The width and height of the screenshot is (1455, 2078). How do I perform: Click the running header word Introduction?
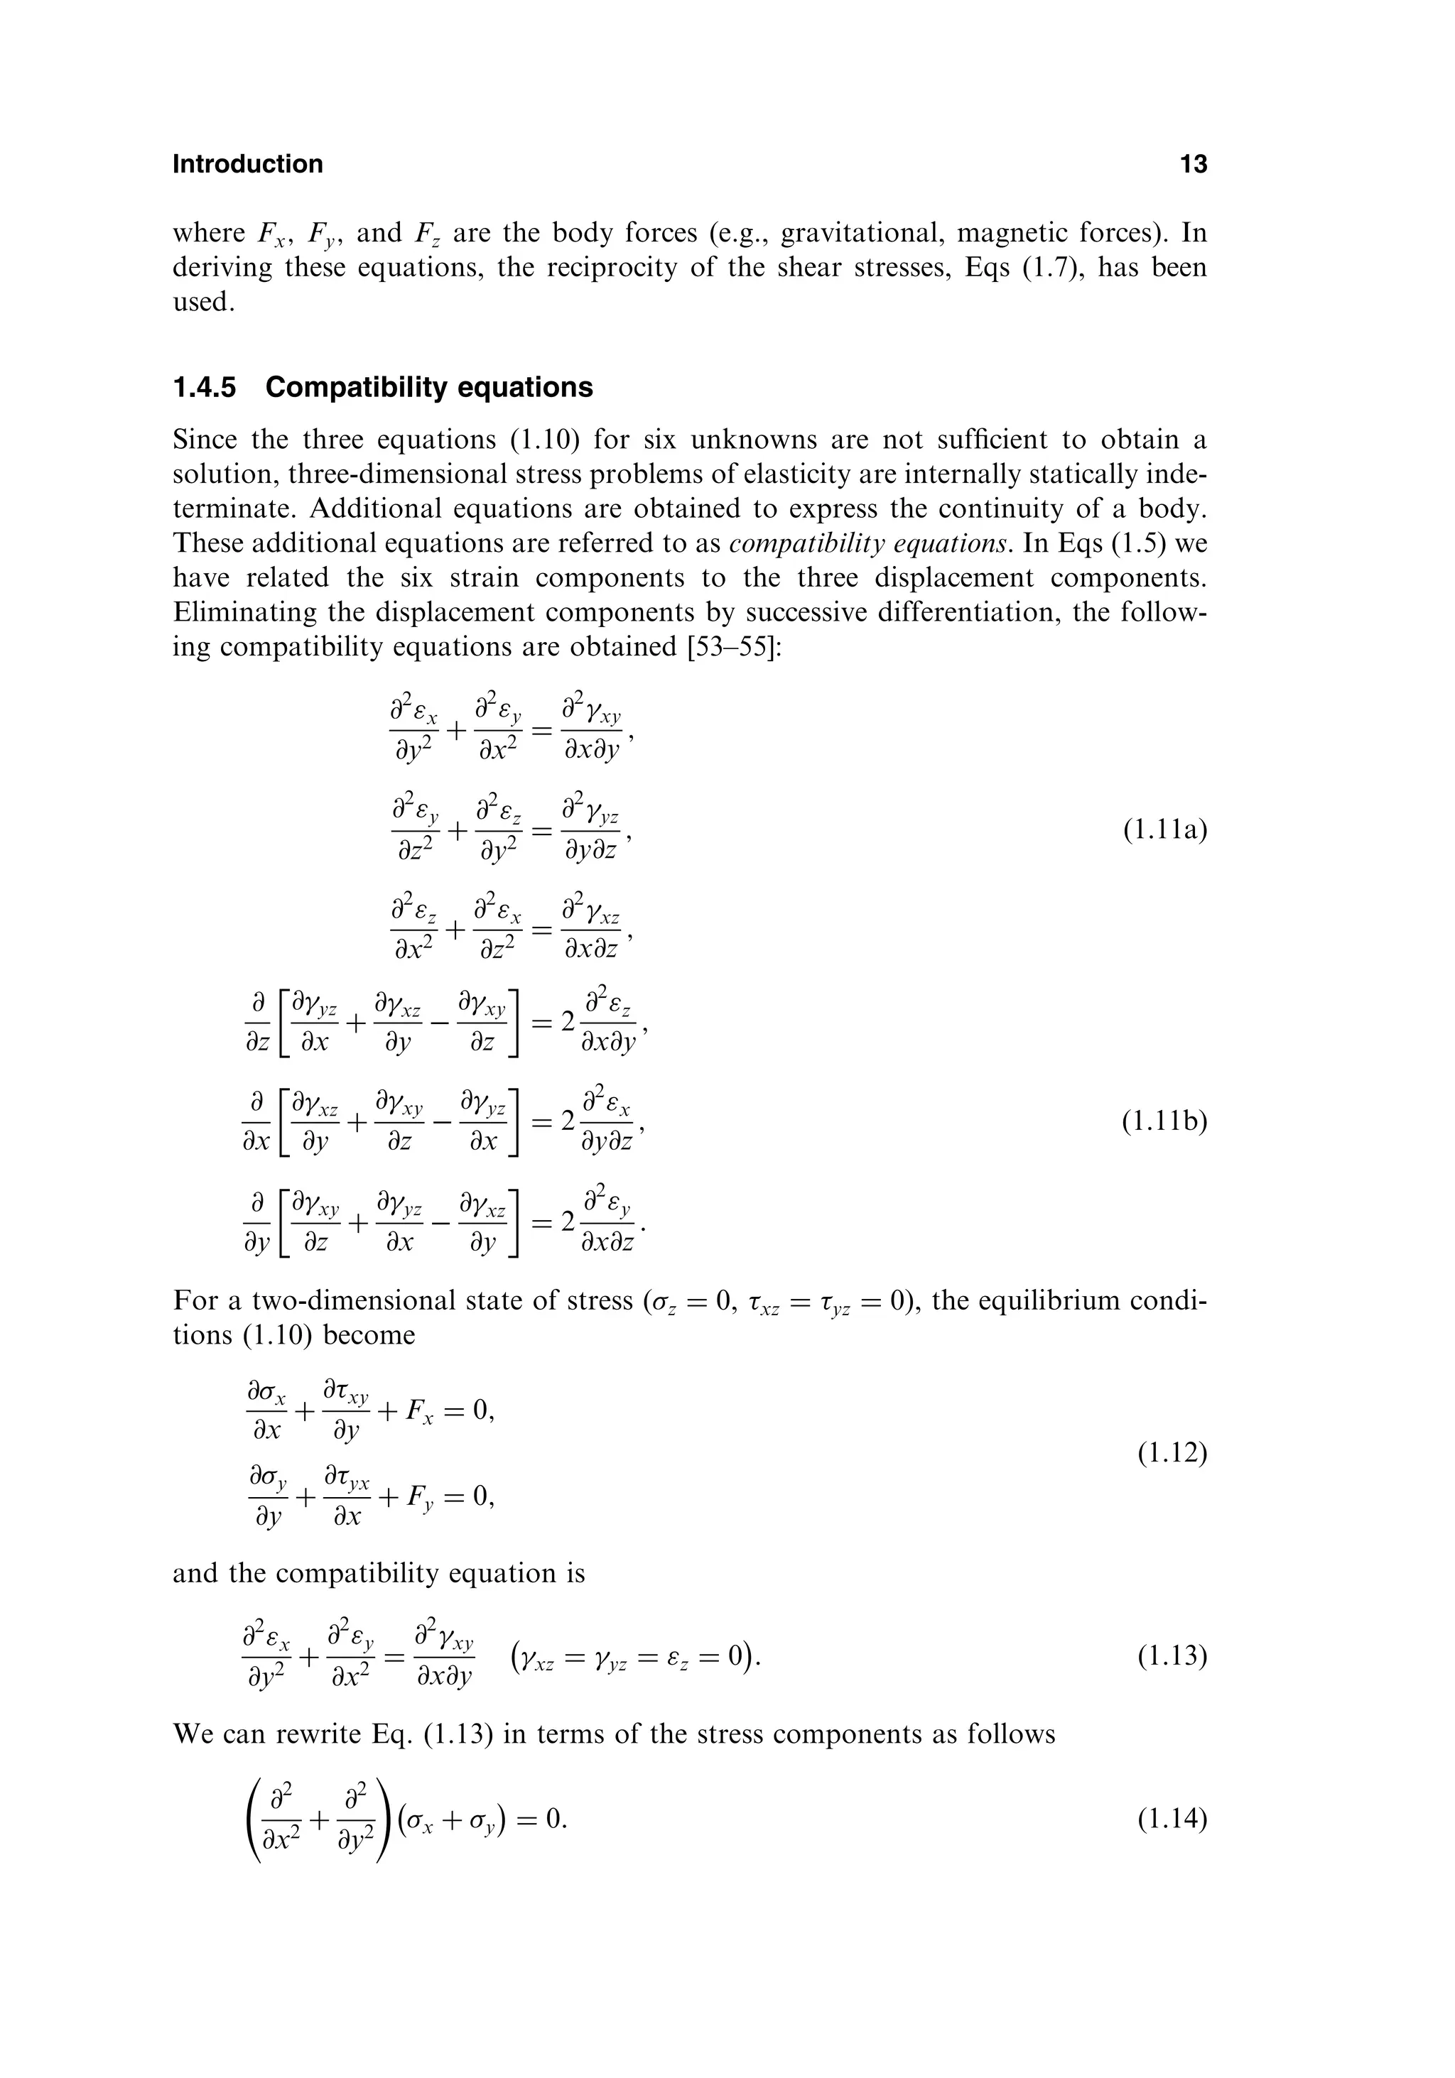coord(247,164)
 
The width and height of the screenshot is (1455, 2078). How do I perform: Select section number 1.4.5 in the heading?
coord(204,387)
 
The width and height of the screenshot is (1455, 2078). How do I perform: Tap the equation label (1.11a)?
coord(1164,830)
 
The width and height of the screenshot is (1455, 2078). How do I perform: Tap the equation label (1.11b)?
coord(1164,1122)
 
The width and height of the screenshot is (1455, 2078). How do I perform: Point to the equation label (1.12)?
coord(1172,1454)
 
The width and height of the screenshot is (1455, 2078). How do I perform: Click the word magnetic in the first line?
coord(1010,234)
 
